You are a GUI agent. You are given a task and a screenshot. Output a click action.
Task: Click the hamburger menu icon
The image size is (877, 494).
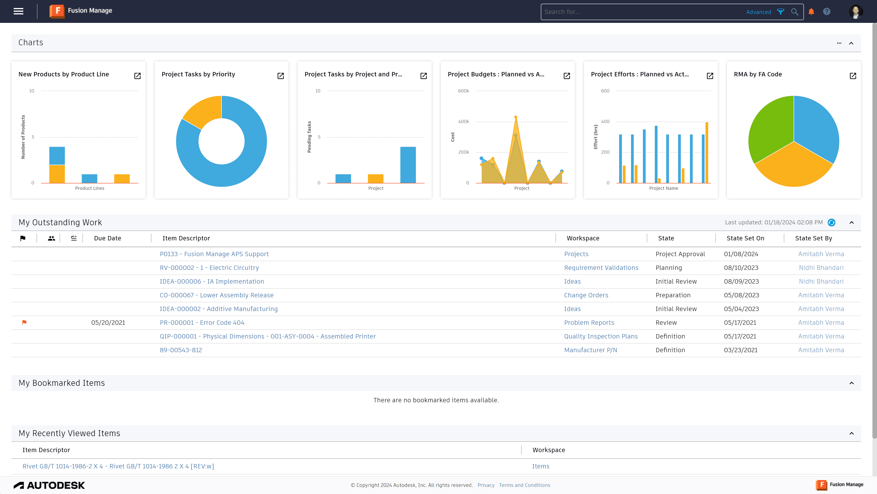[18, 11]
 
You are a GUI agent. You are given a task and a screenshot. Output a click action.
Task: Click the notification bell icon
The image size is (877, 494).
[811, 12]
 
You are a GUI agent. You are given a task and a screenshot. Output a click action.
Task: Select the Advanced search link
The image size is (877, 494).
[758, 12]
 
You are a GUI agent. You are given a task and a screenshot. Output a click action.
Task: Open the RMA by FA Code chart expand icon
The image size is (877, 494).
[853, 76]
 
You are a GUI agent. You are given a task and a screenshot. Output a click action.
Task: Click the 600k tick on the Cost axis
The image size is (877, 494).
[463, 91]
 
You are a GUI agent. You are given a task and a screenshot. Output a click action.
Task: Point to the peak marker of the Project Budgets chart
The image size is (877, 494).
[516, 117]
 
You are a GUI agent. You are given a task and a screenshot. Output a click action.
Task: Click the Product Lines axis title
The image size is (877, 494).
[90, 188]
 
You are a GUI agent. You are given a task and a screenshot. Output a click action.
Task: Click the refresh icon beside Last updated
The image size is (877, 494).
[831, 222]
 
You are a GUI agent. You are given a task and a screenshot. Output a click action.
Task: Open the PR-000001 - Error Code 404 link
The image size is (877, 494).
[202, 322]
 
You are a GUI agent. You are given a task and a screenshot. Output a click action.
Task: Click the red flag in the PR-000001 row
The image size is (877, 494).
[24, 322]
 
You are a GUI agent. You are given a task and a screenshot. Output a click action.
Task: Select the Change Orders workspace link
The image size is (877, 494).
[586, 295]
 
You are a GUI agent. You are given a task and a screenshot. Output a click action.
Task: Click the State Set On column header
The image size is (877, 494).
[745, 238]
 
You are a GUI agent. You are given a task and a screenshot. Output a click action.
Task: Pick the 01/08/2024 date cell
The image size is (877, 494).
[741, 254]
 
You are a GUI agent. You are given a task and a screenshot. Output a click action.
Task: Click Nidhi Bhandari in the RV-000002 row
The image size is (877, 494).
[821, 268]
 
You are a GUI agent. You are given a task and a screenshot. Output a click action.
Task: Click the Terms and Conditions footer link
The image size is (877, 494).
[524, 485]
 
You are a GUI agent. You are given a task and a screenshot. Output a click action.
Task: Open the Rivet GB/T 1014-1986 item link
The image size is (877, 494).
[118, 466]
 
